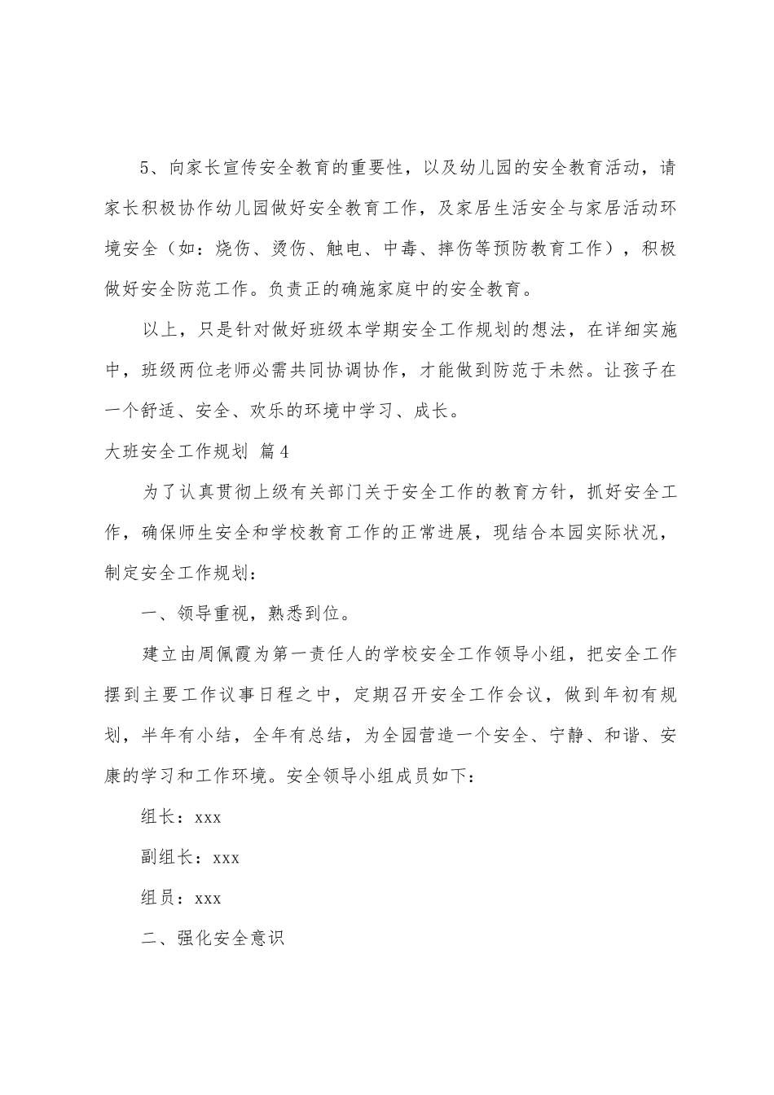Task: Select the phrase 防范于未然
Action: point(534,368)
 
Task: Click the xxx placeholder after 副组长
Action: point(226,857)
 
